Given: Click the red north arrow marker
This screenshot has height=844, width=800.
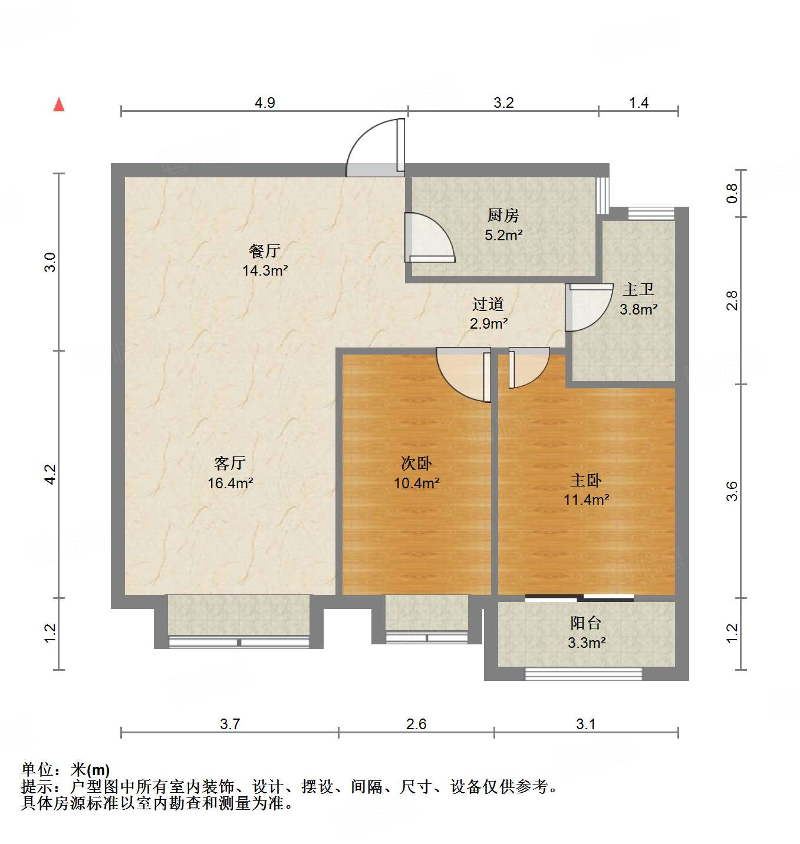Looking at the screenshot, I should (x=59, y=105).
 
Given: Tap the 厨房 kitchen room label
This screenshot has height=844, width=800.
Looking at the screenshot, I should (x=503, y=216).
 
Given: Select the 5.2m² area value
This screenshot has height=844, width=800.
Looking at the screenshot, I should (x=503, y=236).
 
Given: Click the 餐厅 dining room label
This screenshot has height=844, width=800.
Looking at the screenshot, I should (x=265, y=251).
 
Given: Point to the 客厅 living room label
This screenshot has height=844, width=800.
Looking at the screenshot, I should (x=230, y=464).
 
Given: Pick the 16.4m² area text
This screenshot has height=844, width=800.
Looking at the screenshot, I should (x=230, y=484).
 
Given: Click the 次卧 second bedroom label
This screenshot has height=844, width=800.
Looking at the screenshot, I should (x=416, y=464).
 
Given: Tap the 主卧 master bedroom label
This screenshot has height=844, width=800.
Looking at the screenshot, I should (x=586, y=481).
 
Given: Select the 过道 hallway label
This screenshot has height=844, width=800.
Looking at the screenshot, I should (x=488, y=304).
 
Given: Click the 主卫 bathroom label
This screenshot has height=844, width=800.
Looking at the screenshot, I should (x=638, y=290).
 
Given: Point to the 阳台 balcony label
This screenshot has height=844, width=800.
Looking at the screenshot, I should (x=586, y=623).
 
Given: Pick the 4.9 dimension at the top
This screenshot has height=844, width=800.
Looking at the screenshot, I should (x=265, y=103).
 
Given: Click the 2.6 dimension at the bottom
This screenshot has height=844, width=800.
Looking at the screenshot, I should (x=416, y=724).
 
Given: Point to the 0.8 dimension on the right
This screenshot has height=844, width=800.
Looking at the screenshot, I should (x=732, y=193).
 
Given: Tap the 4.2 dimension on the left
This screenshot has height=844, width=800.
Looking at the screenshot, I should (x=51, y=475).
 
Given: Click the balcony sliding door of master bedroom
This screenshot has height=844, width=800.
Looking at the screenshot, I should (x=580, y=598).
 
